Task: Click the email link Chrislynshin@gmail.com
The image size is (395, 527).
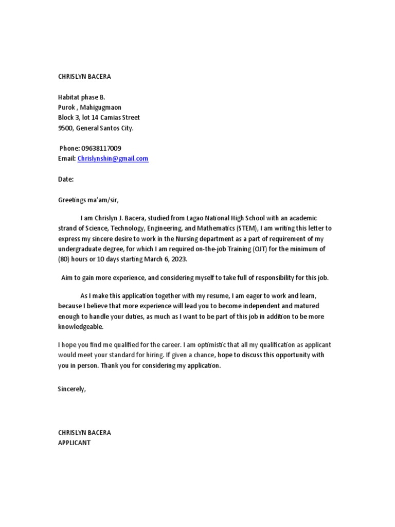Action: coord(113,159)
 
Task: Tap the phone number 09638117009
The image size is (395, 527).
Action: coord(101,148)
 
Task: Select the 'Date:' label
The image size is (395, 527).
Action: coord(66,179)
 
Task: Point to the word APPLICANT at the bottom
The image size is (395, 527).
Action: coord(74,443)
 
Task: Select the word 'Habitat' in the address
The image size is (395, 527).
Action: coord(68,97)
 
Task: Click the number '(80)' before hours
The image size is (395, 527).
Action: coord(64,259)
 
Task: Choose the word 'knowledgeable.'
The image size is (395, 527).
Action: coord(80,326)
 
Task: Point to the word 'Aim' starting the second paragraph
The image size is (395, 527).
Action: coord(67,278)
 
